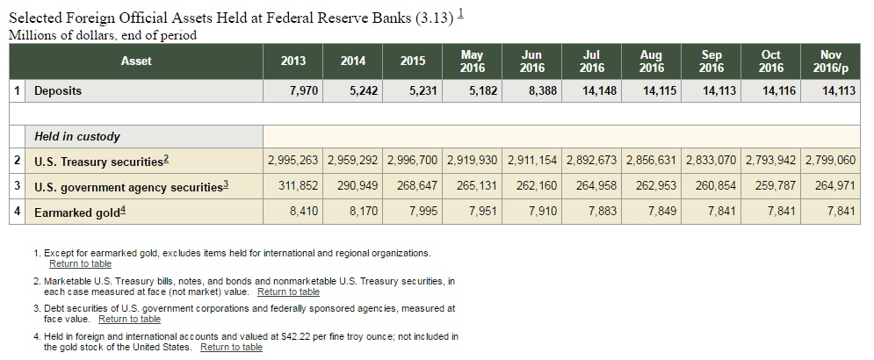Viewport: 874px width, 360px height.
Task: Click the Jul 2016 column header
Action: [593, 61]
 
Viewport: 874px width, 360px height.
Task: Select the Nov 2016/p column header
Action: [830, 61]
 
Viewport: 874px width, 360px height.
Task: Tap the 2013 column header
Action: [293, 61]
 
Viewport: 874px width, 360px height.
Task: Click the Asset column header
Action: [136, 61]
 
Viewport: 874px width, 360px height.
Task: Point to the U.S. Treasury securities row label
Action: [99, 162]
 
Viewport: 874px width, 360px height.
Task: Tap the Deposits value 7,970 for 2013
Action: [303, 90]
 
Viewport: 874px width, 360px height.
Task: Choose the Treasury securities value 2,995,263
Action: [294, 161]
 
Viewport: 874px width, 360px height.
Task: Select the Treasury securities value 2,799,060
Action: [830, 161]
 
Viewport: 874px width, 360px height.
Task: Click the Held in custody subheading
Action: [77, 136]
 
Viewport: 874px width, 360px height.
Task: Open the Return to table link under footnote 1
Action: [80, 263]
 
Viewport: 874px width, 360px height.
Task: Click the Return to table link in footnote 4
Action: [231, 347]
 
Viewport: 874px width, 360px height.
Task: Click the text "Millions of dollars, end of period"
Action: [102, 35]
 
